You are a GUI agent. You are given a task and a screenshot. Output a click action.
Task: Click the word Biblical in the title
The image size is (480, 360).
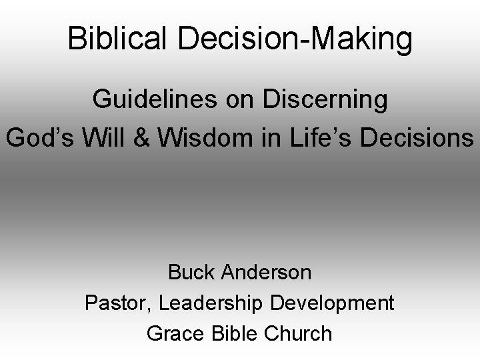118,39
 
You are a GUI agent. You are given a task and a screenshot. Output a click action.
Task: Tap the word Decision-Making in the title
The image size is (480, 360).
293,40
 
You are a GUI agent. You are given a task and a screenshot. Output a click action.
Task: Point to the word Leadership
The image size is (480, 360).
213,303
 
